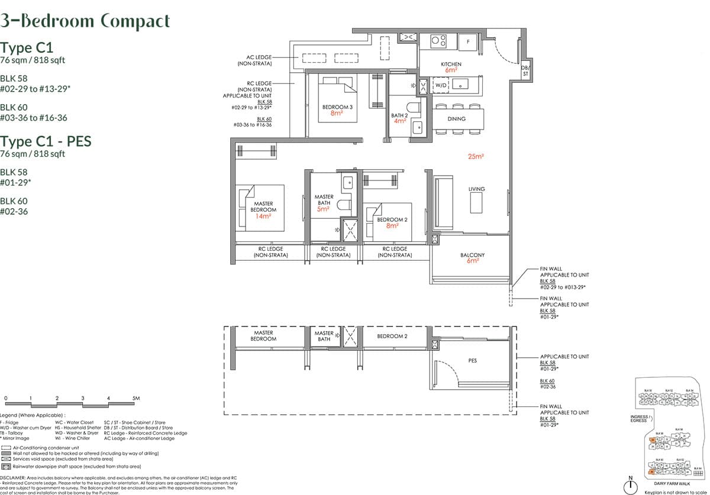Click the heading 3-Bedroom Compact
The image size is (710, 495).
tap(85, 21)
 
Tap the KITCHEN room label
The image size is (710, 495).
tap(451, 64)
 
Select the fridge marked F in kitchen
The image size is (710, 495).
tap(468, 41)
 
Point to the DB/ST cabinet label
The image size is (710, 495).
tap(524, 71)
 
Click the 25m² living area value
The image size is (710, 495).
tap(476, 157)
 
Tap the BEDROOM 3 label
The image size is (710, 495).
tap(337, 107)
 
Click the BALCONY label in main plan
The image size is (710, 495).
tap(472, 255)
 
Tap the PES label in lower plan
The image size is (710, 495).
tap(472, 360)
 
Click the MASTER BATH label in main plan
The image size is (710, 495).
tap(324, 200)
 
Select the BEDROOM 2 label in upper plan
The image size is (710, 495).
tap(392, 220)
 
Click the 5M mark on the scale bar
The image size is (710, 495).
tap(135, 399)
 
